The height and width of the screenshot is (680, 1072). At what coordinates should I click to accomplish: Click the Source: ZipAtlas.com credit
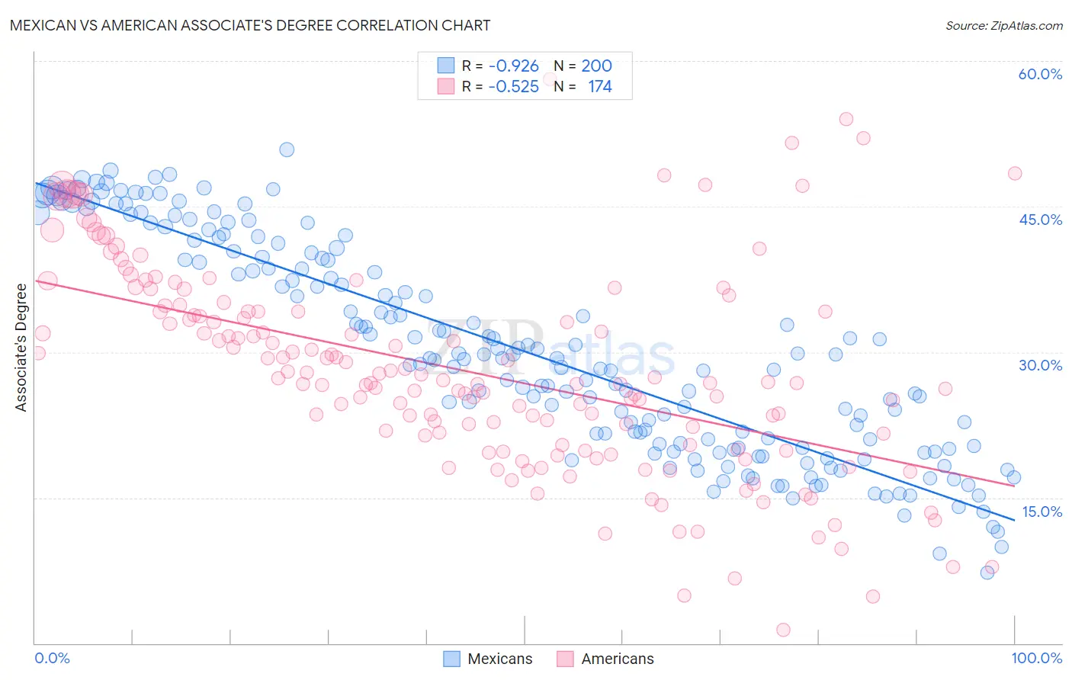pos(1003,25)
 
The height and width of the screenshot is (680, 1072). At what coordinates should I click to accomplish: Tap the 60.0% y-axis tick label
pos(1040,74)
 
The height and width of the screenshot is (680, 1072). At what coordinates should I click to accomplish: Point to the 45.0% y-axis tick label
pos(1040,220)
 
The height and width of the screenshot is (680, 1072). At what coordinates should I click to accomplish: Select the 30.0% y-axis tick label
pos(1040,365)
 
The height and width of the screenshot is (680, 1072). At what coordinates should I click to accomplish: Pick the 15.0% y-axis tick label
pos(1041,512)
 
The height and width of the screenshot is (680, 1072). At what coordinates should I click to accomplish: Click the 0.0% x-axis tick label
pos(52,658)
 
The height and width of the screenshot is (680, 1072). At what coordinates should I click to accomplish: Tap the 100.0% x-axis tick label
pos(1036,658)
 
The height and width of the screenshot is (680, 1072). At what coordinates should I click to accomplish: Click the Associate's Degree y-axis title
pos(21,347)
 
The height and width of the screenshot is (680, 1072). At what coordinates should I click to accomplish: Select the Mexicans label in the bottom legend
pos(499,659)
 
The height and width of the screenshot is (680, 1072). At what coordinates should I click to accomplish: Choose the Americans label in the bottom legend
pos(617,659)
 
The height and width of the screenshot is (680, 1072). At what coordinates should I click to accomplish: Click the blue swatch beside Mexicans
pos(451,659)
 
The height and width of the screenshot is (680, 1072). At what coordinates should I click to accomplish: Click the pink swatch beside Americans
pos(564,659)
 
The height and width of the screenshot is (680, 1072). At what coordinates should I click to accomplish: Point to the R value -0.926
pos(513,66)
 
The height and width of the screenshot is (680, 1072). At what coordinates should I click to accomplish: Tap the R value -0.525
pos(513,86)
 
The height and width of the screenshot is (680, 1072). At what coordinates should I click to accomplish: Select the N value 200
pos(596,66)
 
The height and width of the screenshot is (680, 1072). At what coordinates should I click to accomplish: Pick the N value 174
pos(599,86)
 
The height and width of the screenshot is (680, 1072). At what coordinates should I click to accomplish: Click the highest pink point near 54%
pos(846,119)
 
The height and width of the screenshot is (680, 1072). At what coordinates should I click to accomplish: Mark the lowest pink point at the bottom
pos(783,630)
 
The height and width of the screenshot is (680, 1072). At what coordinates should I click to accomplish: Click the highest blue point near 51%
pos(287,149)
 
